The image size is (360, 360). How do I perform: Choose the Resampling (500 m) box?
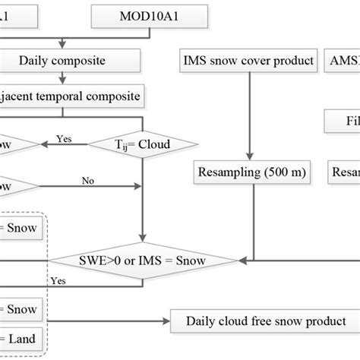coord(251,173)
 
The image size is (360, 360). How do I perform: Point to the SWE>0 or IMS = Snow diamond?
coord(144,261)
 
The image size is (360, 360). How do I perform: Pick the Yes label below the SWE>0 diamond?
coord(58,280)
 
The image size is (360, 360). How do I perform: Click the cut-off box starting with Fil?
coord(342,121)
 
